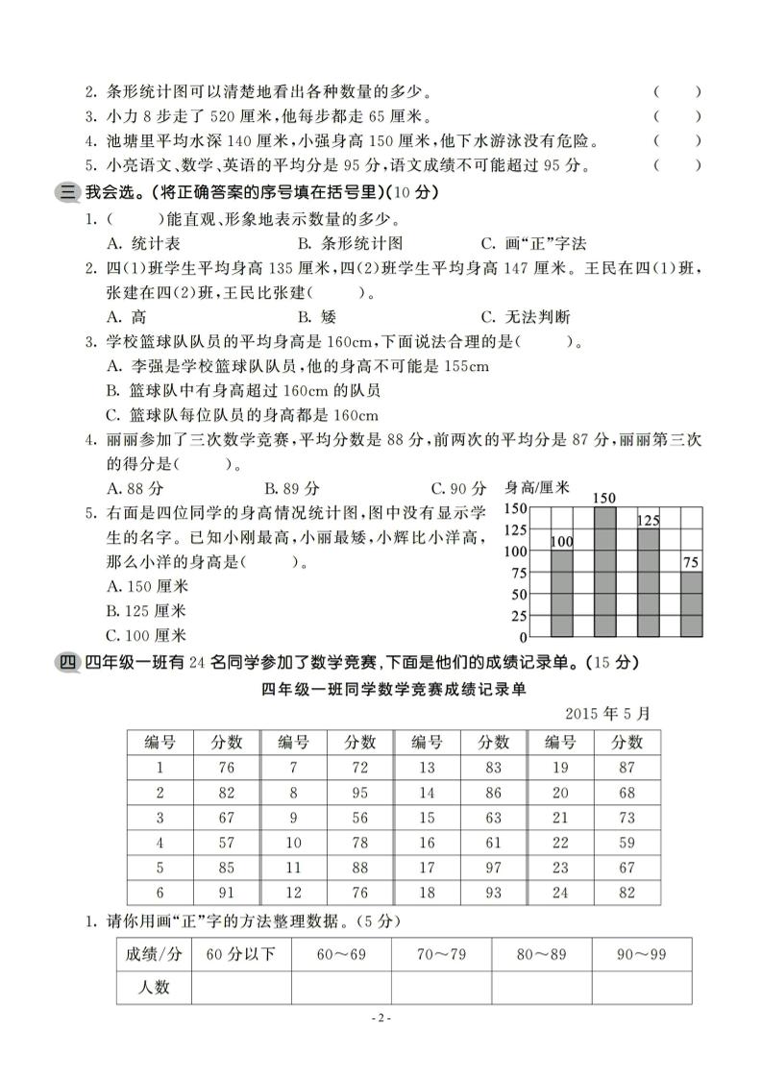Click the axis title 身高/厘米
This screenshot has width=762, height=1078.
[537, 488]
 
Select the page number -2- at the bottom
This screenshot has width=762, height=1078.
[381, 1018]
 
